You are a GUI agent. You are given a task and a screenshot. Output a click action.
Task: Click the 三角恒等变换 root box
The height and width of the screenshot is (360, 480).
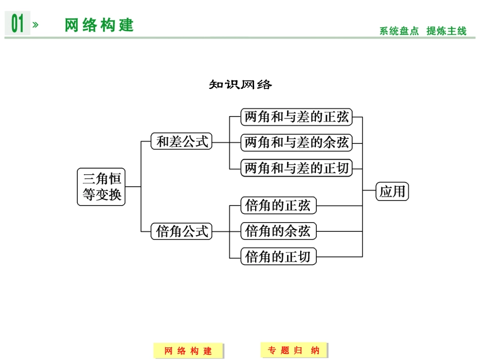pyautogui.click(x=101, y=186)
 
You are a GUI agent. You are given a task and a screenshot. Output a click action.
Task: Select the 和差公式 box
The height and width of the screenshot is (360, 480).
pyautogui.click(x=182, y=142)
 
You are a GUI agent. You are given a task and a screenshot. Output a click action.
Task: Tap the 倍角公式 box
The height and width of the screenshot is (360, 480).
pyautogui.click(x=182, y=232)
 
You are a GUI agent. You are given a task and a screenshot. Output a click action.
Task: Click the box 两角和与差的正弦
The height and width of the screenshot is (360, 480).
pyautogui.click(x=296, y=117)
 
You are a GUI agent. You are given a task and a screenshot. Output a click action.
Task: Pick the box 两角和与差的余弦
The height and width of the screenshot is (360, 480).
pyautogui.click(x=296, y=142)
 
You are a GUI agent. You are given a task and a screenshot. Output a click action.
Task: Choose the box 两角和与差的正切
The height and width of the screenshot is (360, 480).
pyautogui.click(x=296, y=168)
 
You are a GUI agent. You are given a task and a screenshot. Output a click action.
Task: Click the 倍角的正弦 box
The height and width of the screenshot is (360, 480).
pyautogui.click(x=278, y=205)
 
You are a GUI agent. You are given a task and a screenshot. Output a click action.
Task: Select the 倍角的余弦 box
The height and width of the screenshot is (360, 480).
pyautogui.click(x=278, y=231)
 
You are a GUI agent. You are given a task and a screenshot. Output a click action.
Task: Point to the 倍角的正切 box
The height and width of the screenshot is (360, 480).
pyautogui.click(x=278, y=256)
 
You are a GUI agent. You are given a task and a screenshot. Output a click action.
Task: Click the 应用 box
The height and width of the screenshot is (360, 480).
pyautogui.click(x=392, y=192)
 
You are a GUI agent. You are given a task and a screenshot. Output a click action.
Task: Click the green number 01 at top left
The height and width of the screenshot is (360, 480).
pyautogui.click(x=18, y=24)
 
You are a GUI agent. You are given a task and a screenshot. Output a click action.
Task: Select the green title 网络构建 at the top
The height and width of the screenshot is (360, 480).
pyautogui.click(x=99, y=25)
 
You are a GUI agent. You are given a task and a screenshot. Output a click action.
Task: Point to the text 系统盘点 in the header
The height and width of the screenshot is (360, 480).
pyautogui.click(x=399, y=31)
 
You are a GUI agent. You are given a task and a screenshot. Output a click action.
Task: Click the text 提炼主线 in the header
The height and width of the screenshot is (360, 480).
pyautogui.click(x=446, y=31)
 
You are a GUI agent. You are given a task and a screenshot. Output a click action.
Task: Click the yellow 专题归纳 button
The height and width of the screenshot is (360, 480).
pyautogui.click(x=294, y=350)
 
